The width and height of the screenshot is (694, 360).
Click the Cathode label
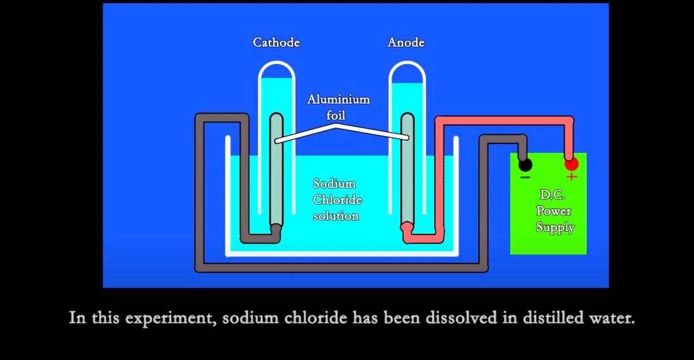point(276,42)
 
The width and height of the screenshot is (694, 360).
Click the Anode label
point(406,42)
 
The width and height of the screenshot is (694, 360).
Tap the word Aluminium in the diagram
point(339,99)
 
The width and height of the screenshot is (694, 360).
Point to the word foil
point(335,115)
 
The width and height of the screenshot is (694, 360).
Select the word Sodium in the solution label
point(334,184)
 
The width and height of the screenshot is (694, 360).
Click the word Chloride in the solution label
point(337,200)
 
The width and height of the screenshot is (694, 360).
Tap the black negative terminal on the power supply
point(525,165)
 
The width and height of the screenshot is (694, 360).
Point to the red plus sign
point(572,177)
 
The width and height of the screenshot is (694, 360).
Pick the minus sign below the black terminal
point(525,177)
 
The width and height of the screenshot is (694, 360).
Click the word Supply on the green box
point(555,227)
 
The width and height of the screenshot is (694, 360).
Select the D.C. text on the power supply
point(552,195)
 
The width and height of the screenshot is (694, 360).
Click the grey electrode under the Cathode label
point(276,170)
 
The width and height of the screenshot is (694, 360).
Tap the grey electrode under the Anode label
point(408,170)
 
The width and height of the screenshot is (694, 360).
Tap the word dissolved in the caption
point(461,318)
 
